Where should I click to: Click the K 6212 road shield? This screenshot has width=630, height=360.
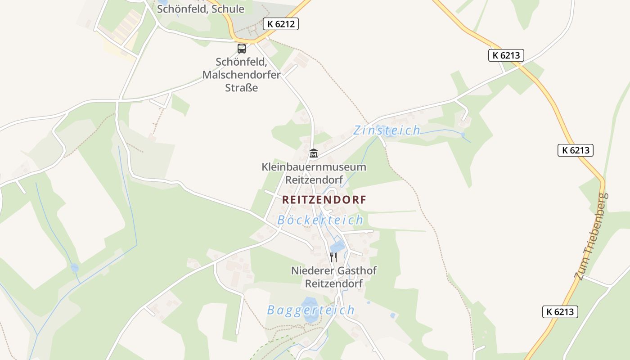(x=281, y=24)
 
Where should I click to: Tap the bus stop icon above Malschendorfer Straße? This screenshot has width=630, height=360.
(x=242, y=48)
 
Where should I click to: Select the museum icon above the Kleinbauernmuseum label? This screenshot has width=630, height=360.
(x=314, y=153)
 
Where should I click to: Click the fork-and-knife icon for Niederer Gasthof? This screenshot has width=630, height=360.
(x=333, y=257)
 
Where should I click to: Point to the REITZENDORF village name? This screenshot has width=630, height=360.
(x=324, y=200)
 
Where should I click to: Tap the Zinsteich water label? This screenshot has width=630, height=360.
(x=387, y=130)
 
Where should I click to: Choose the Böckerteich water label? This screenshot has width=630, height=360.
(x=320, y=220)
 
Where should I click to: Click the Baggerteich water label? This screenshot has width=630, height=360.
(x=310, y=310)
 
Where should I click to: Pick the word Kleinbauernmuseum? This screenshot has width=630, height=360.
(x=314, y=167)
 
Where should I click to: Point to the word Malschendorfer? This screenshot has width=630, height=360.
(x=241, y=75)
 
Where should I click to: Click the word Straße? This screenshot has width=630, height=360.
(x=242, y=88)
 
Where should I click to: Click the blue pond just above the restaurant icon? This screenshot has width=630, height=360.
(x=337, y=246)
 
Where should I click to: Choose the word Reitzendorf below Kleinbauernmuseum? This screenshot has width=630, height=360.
(x=314, y=180)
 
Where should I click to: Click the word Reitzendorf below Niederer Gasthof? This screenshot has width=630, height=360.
(x=333, y=284)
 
